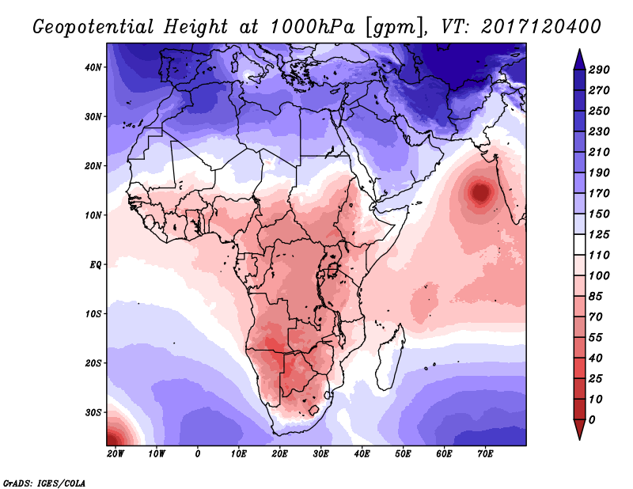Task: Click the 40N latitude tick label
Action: [93, 67]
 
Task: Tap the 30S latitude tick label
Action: [93, 412]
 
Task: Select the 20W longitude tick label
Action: [116, 453]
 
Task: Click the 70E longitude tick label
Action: [486, 453]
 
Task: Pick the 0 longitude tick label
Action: [198, 453]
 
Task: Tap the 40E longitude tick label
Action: [362, 453]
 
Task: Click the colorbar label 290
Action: [598, 70]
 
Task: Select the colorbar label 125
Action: [598, 236]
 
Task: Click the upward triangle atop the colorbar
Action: [578, 58]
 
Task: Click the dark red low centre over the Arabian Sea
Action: [479, 192]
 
